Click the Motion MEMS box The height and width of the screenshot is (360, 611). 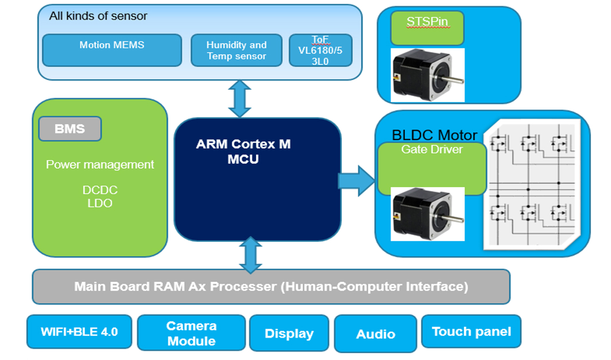click(112, 50)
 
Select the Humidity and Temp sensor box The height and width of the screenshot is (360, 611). click(236, 51)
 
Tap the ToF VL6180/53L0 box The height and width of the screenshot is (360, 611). click(320, 50)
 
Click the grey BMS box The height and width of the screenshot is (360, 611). click(69, 129)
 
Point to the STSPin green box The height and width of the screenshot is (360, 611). click(427, 28)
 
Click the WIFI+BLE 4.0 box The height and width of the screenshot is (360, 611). click(79, 332)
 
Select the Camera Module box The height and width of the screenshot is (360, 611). click(191, 334)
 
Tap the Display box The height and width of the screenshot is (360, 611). click(289, 334)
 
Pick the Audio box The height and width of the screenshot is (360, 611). click(376, 334)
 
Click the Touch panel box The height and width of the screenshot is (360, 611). click(471, 331)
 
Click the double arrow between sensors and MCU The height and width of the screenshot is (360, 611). click(239, 99)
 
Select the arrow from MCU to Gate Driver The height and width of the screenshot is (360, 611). click(356, 181)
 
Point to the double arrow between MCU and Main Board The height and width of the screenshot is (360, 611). click(250, 254)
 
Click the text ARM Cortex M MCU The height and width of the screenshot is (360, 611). click(243, 152)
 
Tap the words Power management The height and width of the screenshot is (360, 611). click(100, 165)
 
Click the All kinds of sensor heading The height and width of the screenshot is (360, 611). click(98, 16)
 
